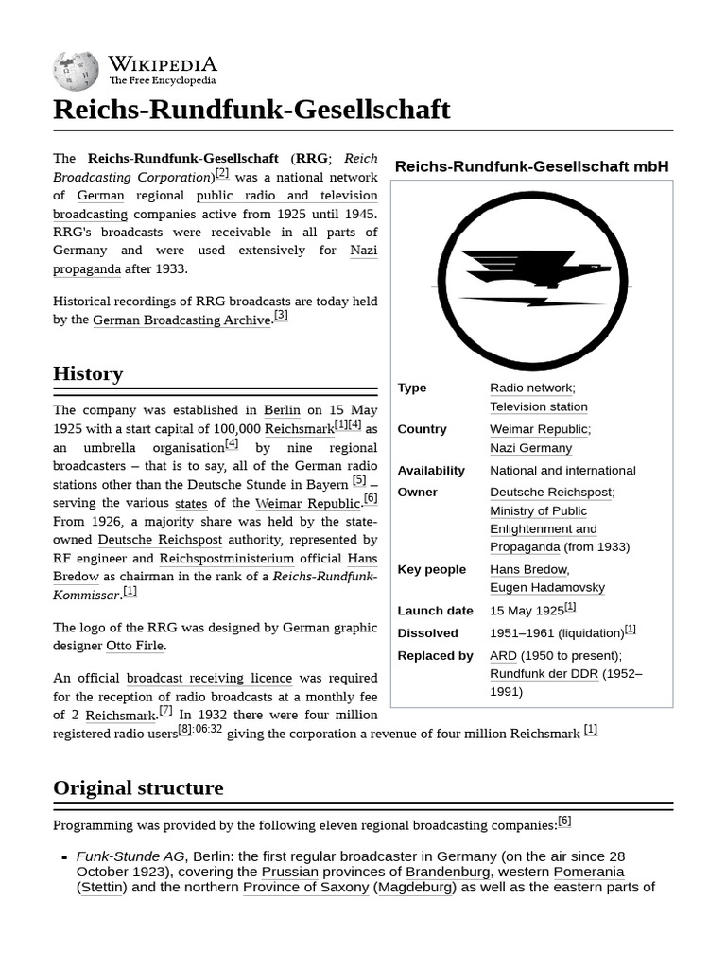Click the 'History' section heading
88,373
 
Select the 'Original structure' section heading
138,787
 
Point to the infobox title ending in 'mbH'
531,166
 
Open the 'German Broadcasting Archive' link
181,320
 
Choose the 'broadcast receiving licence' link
209,678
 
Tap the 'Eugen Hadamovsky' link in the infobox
546,587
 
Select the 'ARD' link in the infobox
503,655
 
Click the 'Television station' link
538,406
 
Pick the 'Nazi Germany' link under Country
530,448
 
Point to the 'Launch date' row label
435,611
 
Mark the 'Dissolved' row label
427,633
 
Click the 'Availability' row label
431,471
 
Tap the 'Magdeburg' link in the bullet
415,887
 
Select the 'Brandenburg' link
447,872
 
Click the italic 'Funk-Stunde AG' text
130,856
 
